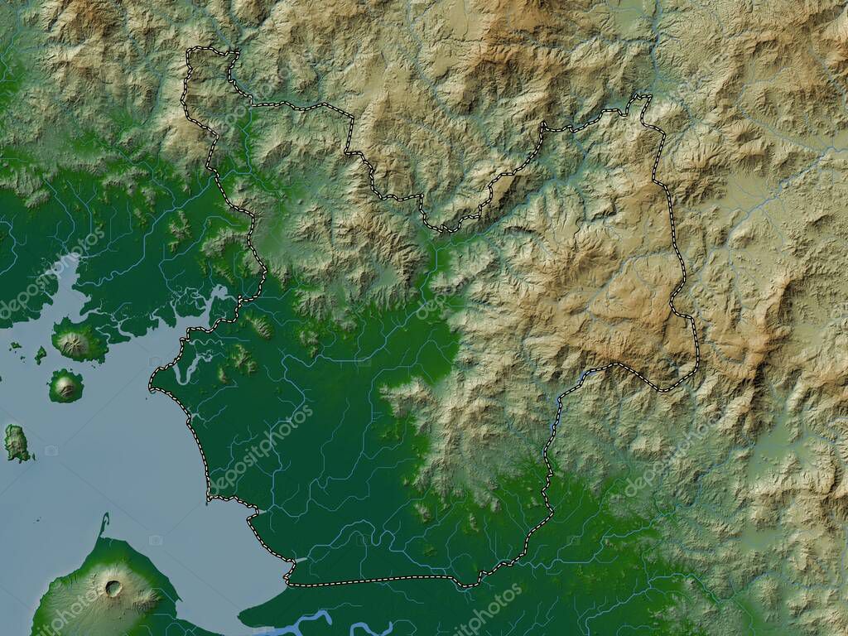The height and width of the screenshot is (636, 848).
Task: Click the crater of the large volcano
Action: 113,588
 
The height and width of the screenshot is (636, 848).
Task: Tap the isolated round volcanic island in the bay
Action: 65,386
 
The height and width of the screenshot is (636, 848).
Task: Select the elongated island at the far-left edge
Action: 17,443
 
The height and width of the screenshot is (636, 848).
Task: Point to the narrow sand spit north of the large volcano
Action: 104,524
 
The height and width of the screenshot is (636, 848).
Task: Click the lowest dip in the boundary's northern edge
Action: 443,229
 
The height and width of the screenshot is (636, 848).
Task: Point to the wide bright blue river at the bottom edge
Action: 306,619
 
